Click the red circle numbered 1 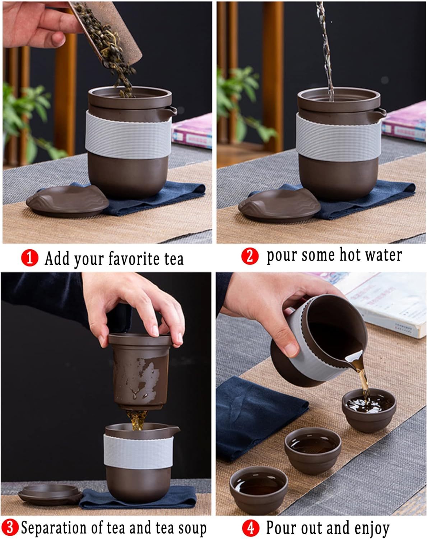point(29,258)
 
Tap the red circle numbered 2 point(250,256)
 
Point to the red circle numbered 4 point(251,527)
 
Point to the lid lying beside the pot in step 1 point(67,201)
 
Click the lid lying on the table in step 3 point(50,494)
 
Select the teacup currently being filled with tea point(369,410)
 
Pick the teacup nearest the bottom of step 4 point(259,490)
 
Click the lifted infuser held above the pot point(140,371)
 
